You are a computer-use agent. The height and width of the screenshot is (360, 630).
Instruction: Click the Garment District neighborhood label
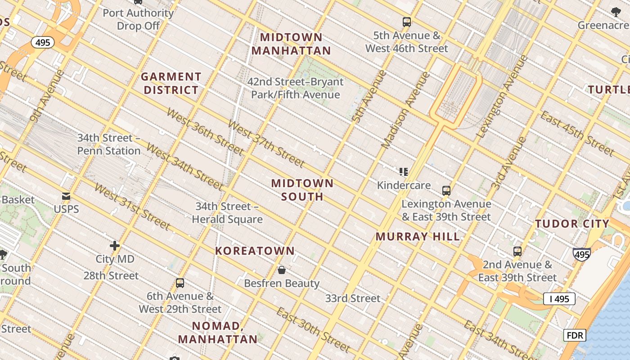click(171, 83)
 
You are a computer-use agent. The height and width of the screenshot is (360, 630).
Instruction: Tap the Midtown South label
click(302, 189)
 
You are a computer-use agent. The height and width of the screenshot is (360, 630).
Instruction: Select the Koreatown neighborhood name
click(255, 251)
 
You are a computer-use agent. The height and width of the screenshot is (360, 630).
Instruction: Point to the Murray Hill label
click(418, 236)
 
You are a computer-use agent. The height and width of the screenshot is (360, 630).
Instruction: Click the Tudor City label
click(572, 224)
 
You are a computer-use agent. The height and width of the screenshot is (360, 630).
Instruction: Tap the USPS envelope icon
click(66, 196)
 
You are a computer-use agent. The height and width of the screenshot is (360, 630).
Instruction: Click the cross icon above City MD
click(115, 246)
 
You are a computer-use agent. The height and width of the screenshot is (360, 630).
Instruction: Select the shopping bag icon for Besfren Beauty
click(282, 270)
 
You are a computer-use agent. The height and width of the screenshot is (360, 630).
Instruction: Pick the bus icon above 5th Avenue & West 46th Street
click(407, 22)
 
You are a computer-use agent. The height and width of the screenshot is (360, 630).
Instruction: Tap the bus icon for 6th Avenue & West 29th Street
click(180, 283)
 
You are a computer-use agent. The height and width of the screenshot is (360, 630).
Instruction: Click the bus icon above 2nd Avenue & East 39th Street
click(517, 252)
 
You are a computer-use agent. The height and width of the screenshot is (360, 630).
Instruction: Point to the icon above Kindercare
click(404, 171)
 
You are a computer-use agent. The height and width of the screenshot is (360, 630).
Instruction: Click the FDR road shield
click(575, 335)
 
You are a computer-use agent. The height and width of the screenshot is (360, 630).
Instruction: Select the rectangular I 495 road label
click(559, 299)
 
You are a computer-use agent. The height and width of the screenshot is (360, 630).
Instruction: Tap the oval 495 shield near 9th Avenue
click(43, 43)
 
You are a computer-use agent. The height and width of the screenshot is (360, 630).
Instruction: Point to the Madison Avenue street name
click(405, 110)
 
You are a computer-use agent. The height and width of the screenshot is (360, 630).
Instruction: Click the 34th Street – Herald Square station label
click(227, 213)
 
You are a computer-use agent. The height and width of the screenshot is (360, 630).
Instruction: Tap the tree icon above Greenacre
click(616, 13)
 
